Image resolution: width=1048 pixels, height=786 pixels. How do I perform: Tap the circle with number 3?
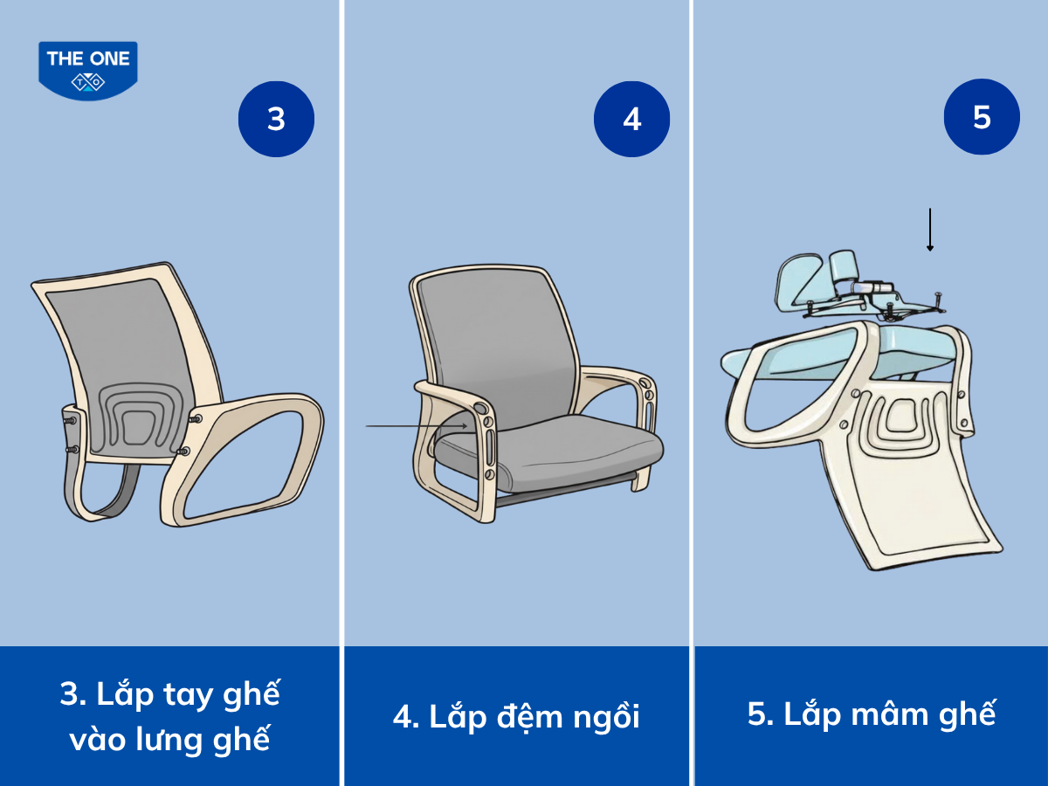point(276,118)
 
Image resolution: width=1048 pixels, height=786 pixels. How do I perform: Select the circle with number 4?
point(631,119)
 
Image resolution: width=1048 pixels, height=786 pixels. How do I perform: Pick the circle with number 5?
point(982,117)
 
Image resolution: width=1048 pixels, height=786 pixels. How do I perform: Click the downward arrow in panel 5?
point(930,230)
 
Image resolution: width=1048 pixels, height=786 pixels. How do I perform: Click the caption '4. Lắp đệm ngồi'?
point(516,716)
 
